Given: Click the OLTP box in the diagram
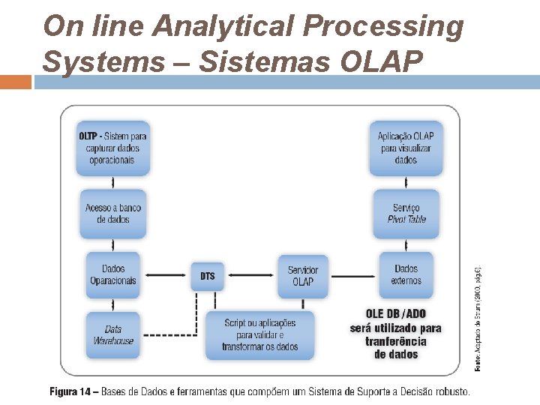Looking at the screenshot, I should (113, 148).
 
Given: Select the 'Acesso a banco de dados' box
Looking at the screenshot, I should (113, 214).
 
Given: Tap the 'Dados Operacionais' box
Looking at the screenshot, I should (113, 274).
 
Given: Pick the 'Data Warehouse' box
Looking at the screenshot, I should (113, 334).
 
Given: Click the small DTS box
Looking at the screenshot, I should (208, 276).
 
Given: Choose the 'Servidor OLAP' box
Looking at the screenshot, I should (303, 275).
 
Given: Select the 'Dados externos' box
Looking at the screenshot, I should (406, 274).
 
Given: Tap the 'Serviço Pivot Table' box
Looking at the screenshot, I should (406, 214).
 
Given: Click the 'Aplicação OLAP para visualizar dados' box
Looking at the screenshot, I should (406, 148).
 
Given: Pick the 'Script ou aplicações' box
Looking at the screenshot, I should (259, 334).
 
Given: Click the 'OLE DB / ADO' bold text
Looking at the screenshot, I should (395, 314).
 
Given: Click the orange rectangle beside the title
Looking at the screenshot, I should (16, 81).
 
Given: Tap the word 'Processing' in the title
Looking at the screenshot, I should (384, 26).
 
